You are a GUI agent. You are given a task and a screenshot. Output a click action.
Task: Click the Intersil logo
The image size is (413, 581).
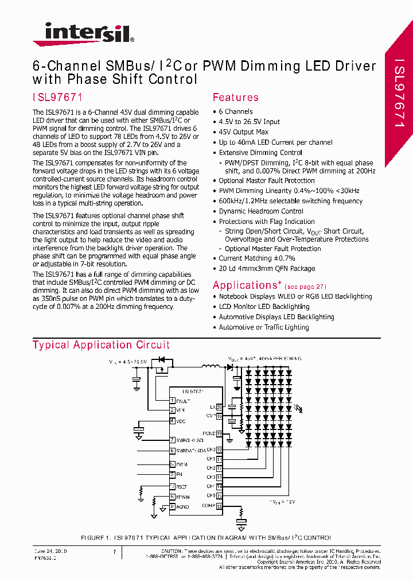[83, 34]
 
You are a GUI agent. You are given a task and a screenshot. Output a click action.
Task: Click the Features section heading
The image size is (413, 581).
[235, 97]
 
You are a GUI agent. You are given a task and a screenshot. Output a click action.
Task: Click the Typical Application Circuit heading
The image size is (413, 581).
[101, 345]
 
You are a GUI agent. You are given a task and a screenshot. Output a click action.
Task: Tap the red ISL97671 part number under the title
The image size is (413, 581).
[58, 97]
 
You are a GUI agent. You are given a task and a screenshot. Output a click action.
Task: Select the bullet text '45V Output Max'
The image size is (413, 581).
[243, 132]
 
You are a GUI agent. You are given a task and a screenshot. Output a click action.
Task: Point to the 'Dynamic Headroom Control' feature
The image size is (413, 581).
[261, 211]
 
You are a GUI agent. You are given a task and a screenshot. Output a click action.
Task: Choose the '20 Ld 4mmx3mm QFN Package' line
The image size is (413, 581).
[267, 269]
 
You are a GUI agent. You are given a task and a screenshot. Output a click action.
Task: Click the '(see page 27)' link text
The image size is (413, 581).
[305, 286]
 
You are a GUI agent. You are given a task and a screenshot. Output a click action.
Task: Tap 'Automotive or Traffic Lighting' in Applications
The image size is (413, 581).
[264, 327]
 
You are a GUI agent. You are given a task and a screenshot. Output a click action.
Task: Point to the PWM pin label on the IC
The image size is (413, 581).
[182, 464]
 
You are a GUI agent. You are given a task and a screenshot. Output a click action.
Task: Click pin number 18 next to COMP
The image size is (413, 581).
[219, 506]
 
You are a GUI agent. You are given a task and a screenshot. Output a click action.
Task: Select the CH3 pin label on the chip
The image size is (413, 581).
[211, 477]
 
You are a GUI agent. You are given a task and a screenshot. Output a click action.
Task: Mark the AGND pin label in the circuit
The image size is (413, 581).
[183, 506]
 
